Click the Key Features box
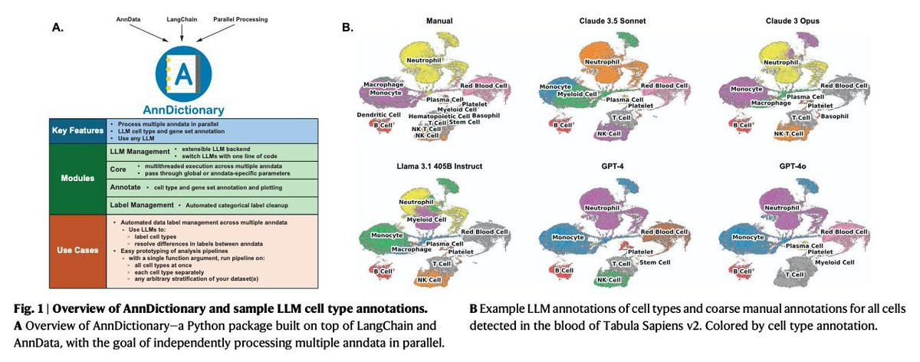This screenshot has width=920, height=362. point(74,130)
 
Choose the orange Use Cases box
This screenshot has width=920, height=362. point(74,249)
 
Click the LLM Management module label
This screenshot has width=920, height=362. point(136,152)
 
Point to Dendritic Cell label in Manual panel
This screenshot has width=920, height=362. point(381,114)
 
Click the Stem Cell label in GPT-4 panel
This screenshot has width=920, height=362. point(655,262)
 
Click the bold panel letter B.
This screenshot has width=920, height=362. point(347,28)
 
